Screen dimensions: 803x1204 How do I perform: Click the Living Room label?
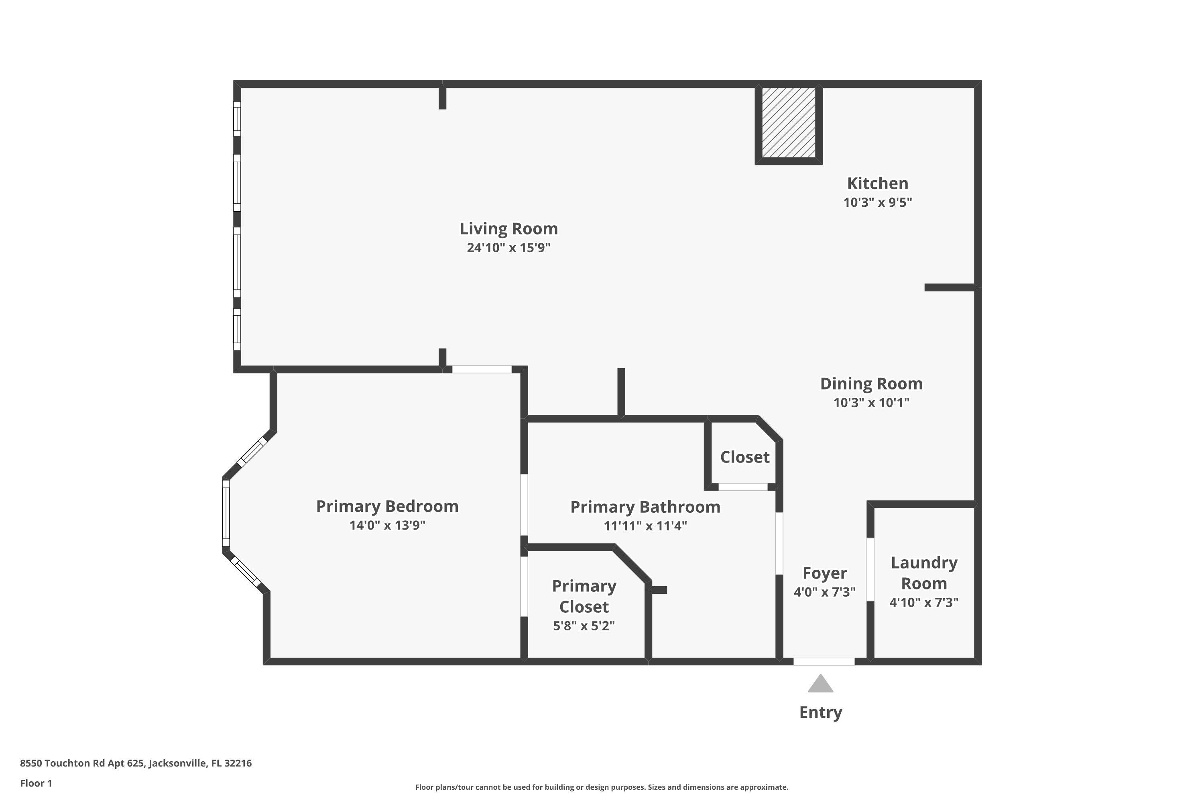[x=508, y=228]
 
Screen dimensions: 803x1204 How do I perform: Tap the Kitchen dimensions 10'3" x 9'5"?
[x=877, y=202]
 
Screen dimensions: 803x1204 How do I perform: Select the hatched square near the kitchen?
[x=788, y=122]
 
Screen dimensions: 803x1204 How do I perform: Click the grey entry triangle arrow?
[x=821, y=684]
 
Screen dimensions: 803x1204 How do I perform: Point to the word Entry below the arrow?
[x=821, y=712]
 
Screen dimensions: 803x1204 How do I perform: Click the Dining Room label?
[x=871, y=383]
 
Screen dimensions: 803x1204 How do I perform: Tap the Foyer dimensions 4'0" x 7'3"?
[x=824, y=592]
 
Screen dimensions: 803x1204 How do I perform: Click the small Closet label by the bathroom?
[x=744, y=457]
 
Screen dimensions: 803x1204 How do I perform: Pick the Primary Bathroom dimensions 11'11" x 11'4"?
[x=645, y=526]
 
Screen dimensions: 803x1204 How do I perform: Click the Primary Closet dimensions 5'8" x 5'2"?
[x=584, y=626]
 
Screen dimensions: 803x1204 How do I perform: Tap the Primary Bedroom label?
[x=387, y=506]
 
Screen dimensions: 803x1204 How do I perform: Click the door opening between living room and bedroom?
[x=482, y=369]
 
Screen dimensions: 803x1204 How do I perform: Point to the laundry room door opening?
[x=870, y=569]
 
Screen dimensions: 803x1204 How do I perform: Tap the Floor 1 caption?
[x=36, y=783]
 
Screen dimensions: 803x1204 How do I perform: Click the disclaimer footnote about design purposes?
[x=602, y=787]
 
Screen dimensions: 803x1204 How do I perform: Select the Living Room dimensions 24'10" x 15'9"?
[x=508, y=248]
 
